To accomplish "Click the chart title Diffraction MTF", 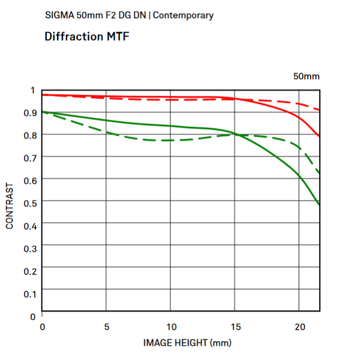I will coord(87,37).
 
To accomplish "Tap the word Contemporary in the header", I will coord(183,15).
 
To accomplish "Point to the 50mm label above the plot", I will coord(306,76).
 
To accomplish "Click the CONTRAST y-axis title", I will coord(10,207).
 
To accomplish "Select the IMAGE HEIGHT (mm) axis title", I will coord(180,342).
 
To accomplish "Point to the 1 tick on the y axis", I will coord(33,90).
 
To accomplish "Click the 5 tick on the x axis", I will coord(106,327).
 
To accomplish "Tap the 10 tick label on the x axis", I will coord(170,327).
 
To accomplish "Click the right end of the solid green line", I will coord(319,204).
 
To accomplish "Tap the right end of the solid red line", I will coord(319,136).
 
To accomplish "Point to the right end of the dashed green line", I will coord(319,173).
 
